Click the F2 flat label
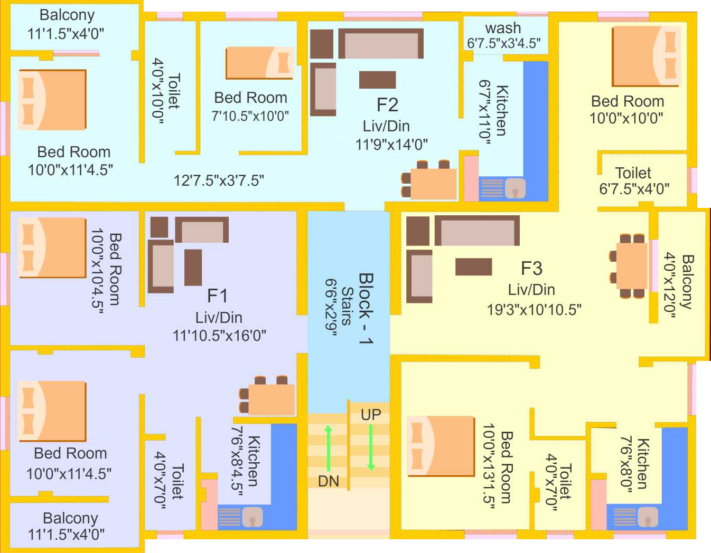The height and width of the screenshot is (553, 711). (x=387, y=104)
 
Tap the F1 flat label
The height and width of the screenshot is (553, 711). (x=217, y=295)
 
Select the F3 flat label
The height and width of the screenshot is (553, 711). (x=531, y=268)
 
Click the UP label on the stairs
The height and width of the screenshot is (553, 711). (x=371, y=415)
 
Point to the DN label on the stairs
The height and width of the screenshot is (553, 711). (x=328, y=481)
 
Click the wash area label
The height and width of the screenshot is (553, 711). (x=503, y=27)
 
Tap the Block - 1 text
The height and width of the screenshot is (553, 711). (x=366, y=309)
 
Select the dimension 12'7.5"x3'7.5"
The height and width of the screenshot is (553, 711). (x=219, y=180)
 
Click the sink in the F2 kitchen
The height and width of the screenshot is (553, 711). (x=515, y=188)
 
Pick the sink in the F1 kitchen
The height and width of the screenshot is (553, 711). (x=252, y=517)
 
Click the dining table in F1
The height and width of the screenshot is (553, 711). (x=272, y=399)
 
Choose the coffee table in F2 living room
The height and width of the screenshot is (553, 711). (x=377, y=80)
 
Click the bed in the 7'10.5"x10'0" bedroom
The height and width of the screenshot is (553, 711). (x=259, y=63)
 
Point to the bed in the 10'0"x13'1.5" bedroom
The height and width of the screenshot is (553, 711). (x=440, y=446)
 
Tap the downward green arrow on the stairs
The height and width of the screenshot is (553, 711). (x=371, y=447)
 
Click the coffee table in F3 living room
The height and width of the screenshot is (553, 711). (x=473, y=267)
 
